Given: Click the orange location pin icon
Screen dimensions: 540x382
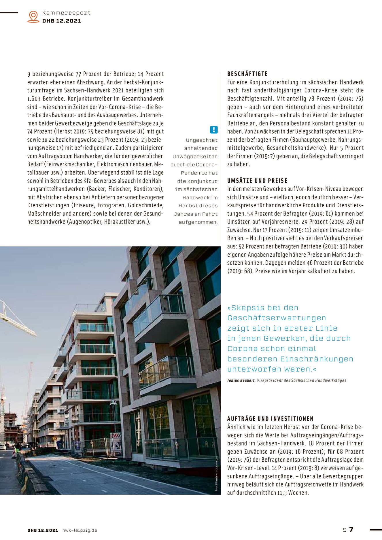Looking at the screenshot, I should tap(33, 17).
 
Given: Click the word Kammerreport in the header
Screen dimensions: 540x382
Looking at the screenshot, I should tap(66, 13).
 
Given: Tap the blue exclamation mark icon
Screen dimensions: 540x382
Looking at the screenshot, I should tap(213, 130).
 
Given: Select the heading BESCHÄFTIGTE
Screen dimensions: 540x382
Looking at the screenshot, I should tap(247, 74).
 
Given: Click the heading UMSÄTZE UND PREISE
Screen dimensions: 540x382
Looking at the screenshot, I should tap(257, 181).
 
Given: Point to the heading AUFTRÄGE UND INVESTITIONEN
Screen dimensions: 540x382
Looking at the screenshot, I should tap(270, 419).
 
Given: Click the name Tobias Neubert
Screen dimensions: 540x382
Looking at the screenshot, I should tap(241, 380).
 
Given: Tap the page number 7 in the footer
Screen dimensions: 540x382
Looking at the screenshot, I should tap(351, 529).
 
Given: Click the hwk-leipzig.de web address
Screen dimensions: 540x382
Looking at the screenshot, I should tap(80, 530).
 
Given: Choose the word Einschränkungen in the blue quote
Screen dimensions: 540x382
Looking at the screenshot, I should tap(317, 359).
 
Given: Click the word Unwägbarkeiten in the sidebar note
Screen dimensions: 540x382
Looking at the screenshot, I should tap(195, 156).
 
